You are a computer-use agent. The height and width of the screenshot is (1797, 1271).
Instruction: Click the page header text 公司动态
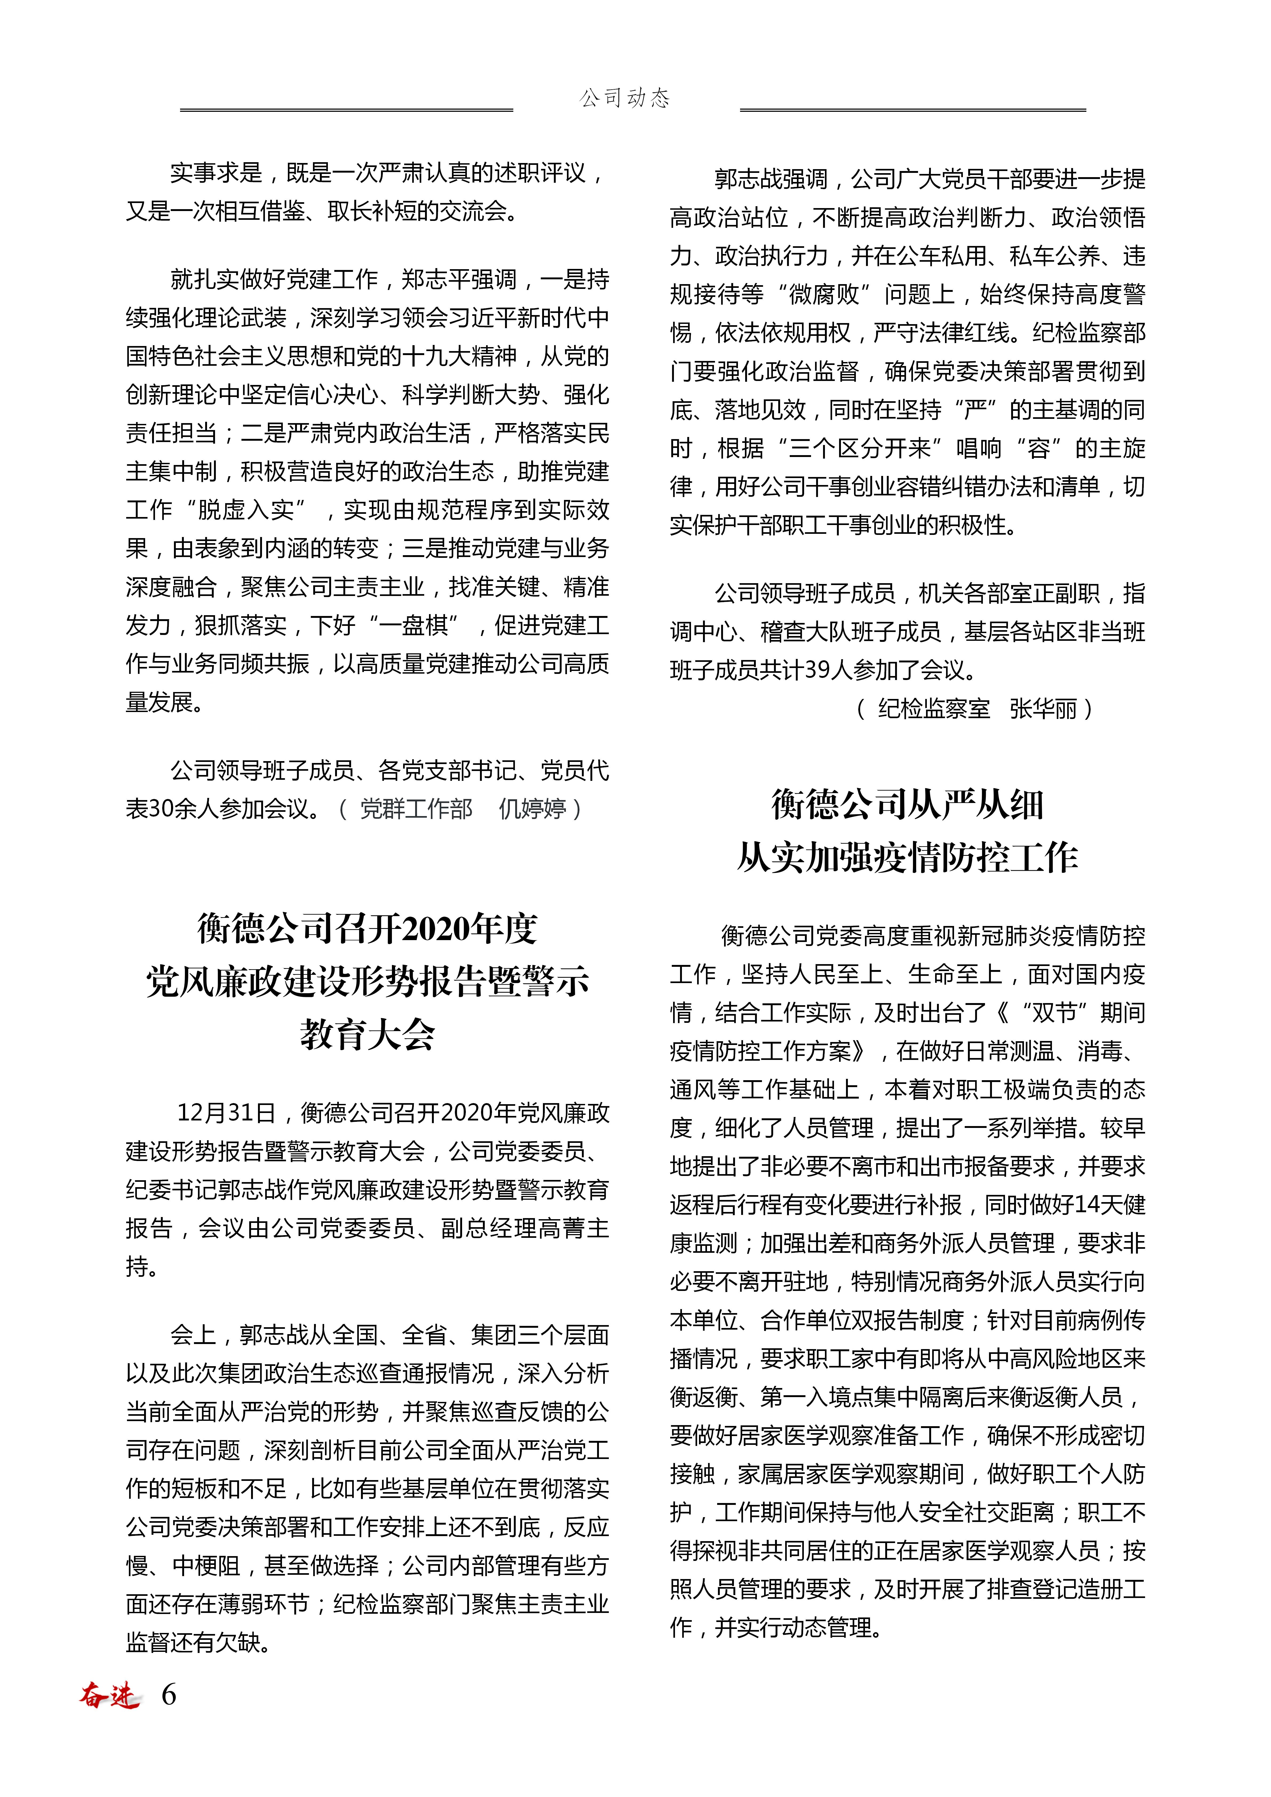(625, 98)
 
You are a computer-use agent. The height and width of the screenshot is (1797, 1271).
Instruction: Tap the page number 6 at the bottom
(168, 1695)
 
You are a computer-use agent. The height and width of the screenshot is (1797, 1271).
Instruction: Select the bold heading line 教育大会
(367, 1034)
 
